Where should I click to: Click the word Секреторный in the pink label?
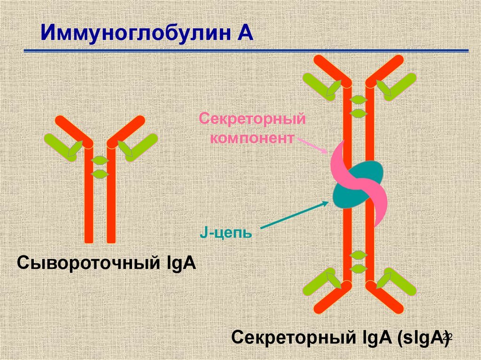(x=252, y=119)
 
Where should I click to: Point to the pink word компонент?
(x=252, y=138)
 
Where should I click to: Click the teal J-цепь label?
(x=226, y=233)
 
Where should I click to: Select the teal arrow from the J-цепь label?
(x=295, y=214)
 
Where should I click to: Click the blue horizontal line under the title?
(x=246, y=51)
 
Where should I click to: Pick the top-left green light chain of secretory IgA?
(x=322, y=86)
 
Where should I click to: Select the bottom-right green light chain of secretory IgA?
(x=396, y=282)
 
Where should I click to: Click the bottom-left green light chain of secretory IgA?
(x=322, y=282)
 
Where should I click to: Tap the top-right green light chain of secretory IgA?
(x=396, y=86)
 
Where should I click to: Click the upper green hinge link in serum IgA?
(x=100, y=160)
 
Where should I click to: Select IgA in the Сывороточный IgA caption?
(x=180, y=264)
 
